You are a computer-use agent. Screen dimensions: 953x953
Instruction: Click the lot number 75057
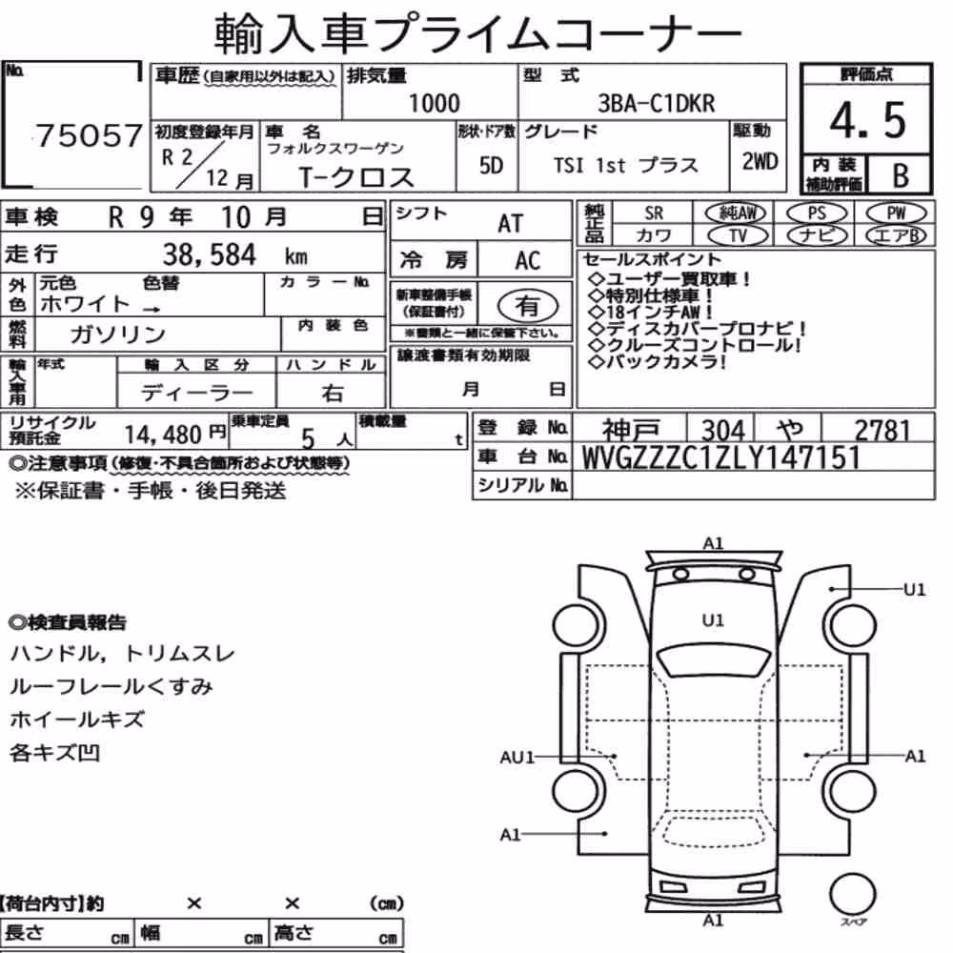point(90,135)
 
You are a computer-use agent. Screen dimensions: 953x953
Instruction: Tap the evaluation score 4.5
point(867,120)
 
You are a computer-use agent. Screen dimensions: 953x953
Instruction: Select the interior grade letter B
point(901,175)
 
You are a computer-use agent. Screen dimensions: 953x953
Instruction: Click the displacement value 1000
point(434,103)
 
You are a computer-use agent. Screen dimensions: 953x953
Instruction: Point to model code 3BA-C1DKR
point(657,103)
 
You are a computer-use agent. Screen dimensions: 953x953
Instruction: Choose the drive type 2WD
point(760,162)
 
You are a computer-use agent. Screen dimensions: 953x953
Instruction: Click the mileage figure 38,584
point(210,254)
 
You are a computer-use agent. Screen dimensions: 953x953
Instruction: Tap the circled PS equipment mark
point(817,213)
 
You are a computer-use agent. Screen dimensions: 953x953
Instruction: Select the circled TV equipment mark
point(739,235)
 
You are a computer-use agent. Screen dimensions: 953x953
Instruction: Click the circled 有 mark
point(528,306)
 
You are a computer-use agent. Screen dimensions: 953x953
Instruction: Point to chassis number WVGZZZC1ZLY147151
point(720,457)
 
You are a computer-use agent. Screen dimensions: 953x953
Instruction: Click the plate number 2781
point(882,431)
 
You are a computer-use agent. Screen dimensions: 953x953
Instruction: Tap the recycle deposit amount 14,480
point(163,435)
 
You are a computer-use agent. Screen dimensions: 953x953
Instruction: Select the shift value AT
point(510,224)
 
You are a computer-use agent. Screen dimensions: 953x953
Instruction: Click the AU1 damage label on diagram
point(517,758)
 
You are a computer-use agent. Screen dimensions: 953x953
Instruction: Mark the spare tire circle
point(852,894)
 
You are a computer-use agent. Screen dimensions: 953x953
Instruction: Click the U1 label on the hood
point(713,620)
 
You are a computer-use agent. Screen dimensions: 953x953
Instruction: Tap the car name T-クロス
point(356,177)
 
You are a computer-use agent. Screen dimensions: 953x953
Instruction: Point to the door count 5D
point(491,165)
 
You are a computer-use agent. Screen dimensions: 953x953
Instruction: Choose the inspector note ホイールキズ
point(77,720)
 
